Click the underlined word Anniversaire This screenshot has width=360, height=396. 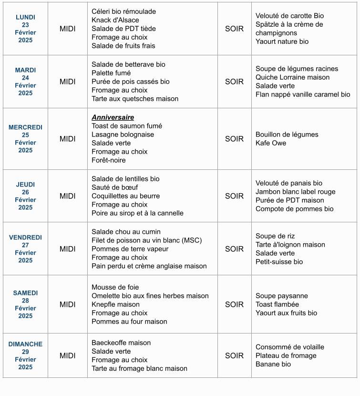113,117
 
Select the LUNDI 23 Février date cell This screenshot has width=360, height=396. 25,29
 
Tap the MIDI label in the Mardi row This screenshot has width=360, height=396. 67,82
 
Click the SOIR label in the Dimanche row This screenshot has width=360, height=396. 234,355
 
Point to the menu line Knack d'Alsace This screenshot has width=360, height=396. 115,20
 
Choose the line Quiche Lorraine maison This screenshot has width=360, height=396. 292,77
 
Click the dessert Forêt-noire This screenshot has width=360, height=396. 109,160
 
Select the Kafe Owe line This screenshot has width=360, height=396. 271,143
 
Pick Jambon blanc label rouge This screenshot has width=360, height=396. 295,192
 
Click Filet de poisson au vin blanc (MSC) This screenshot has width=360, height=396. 146,240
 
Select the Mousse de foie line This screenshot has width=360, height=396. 115,287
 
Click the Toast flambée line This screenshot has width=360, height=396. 277,304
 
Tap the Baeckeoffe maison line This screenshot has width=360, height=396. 121,343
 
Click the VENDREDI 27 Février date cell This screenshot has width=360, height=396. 25,249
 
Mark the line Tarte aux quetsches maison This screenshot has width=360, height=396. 135,99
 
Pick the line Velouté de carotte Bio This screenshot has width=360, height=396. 289,16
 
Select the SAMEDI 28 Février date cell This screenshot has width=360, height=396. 25,304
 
